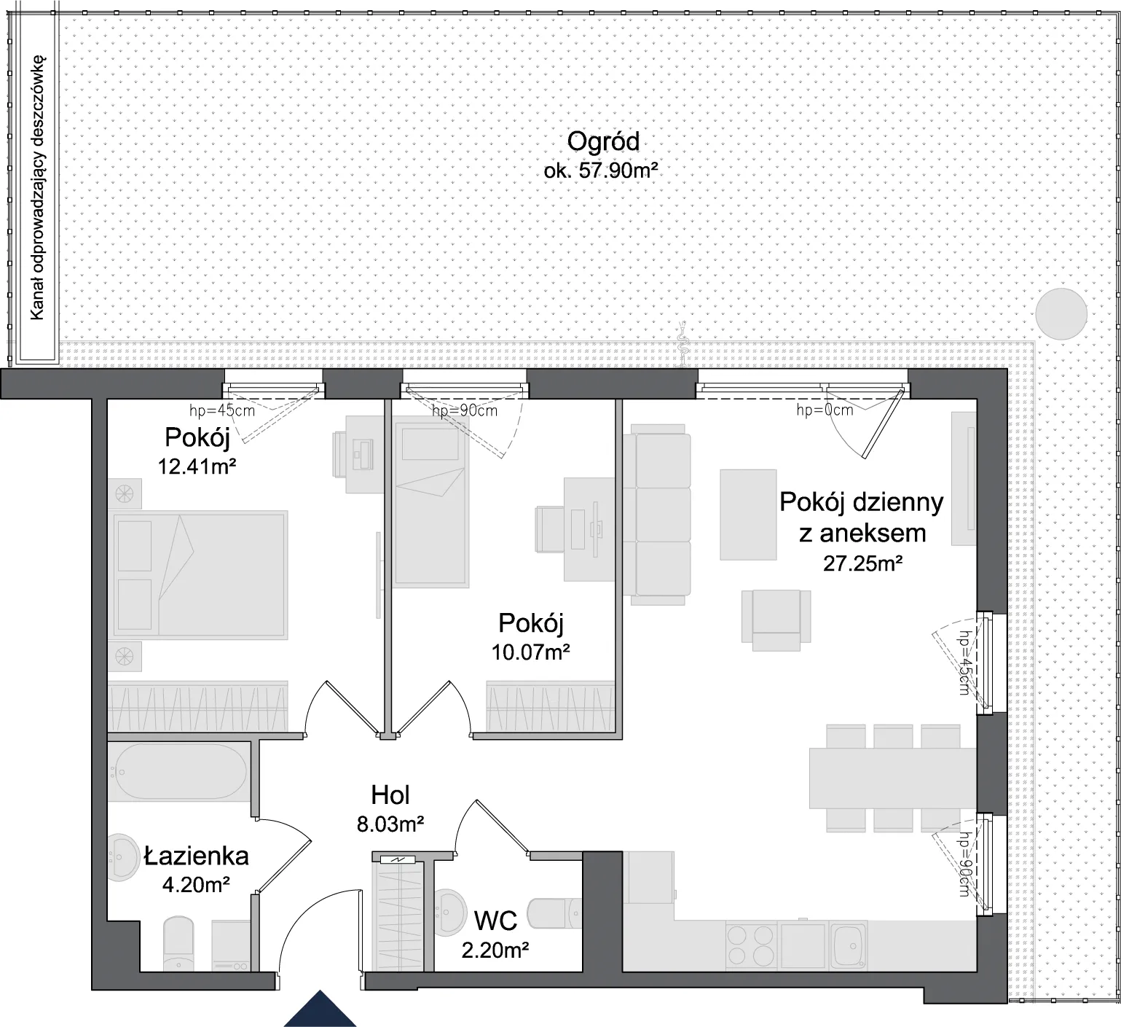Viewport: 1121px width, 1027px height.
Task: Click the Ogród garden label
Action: click(603, 141)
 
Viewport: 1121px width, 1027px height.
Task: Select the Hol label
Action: click(390, 794)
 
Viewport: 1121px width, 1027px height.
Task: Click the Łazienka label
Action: click(197, 855)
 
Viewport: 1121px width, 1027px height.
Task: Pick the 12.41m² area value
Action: click(197, 466)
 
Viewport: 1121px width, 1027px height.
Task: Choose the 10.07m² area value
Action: click(530, 651)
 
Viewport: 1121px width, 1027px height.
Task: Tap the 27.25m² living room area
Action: click(863, 563)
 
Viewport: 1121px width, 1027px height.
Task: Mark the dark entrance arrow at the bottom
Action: click(320, 1009)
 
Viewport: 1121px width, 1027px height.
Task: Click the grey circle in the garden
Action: click(1062, 313)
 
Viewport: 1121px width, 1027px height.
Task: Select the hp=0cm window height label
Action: click(825, 410)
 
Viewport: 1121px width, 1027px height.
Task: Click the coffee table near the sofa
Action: click(748, 515)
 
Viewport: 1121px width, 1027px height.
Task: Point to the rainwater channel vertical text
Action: click(37, 187)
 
